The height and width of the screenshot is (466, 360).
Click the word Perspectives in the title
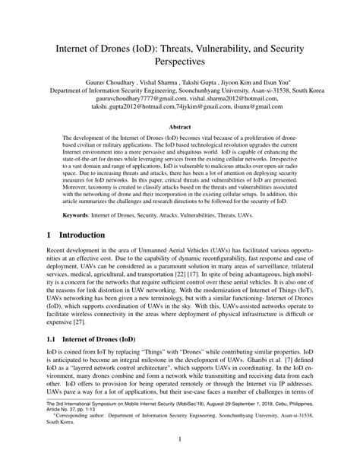click(x=180, y=78)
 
